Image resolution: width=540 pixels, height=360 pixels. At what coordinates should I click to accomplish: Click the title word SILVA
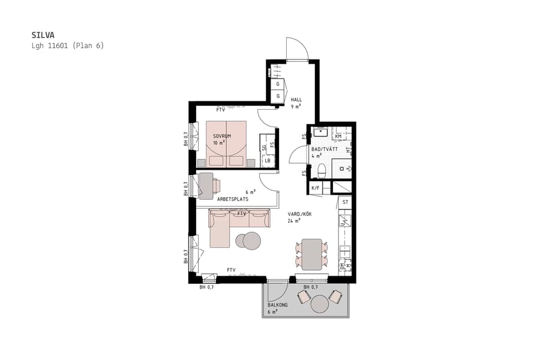pyautogui.click(x=42, y=35)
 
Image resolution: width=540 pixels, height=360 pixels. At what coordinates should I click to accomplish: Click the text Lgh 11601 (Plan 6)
pyautogui.click(x=67, y=46)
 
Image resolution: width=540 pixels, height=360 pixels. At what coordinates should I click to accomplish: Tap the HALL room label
pyautogui.click(x=296, y=100)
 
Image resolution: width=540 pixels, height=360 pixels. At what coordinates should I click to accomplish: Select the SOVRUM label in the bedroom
pyautogui.click(x=222, y=136)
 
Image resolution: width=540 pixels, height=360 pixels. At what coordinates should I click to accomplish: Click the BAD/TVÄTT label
pyautogui.click(x=324, y=149)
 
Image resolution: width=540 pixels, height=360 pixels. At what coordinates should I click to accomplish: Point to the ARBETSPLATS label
pyautogui.click(x=233, y=199)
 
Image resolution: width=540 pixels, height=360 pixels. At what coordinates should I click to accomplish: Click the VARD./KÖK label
pyautogui.click(x=299, y=214)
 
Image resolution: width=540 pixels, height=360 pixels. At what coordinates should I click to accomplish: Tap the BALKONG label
pyautogui.click(x=277, y=305)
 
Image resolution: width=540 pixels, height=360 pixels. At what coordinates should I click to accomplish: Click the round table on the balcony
pyautogui.click(x=320, y=304)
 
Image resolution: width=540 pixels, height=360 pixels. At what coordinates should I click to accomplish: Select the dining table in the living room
pyautogui.click(x=312, y=254)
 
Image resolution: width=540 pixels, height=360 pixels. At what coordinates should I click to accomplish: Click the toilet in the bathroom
pyautogui.click(x=322, y=171)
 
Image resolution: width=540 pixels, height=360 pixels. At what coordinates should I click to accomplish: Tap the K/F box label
pyautogui.click(x=315, y=188)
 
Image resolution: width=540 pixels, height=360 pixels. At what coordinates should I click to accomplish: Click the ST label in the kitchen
pyautogui.click(x=345, y=203)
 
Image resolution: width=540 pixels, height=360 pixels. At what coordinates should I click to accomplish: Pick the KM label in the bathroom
pyautogui.click(x=338, y=136)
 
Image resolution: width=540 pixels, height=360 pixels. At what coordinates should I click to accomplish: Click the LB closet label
pyautogui.click(x=268, y=161)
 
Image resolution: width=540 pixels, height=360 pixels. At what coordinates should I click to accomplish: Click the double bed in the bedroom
pyautogui.click(x=226, y=144)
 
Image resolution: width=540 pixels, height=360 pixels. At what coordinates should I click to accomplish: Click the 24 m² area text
pyautogui.click(x=294, y=221)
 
